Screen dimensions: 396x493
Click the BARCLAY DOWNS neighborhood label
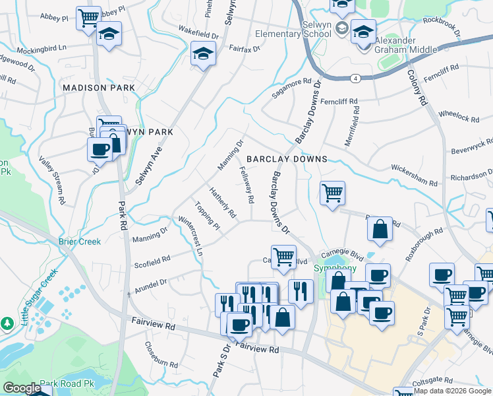click(287, 159)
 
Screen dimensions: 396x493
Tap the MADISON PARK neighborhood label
click(98, 87)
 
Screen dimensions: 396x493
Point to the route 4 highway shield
click(355, 78)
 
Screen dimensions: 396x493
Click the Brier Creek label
click(80, 242)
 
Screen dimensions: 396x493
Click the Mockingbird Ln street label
click(42, 48)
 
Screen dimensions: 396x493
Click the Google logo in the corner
click(22, 389)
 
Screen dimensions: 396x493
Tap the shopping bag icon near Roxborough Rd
click(380, 229)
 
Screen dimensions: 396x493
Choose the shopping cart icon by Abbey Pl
click(88, 17)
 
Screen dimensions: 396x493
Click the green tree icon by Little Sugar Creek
click(7, 323)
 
